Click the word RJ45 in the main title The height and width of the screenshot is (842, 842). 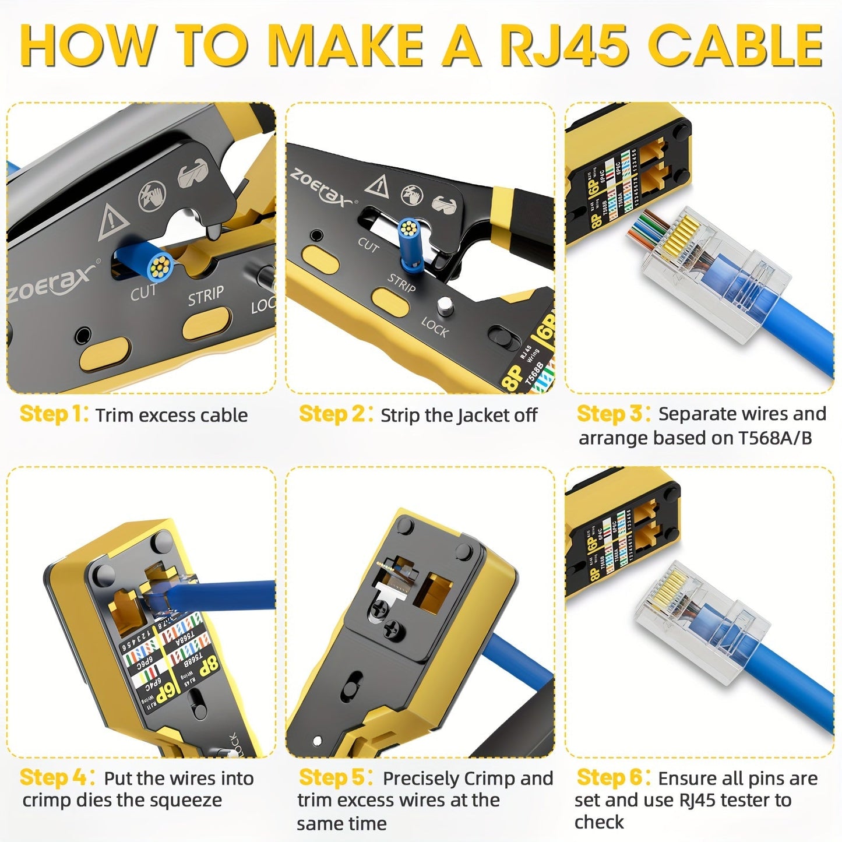point(563,47)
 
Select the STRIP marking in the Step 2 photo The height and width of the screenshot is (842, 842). point(401,283)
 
